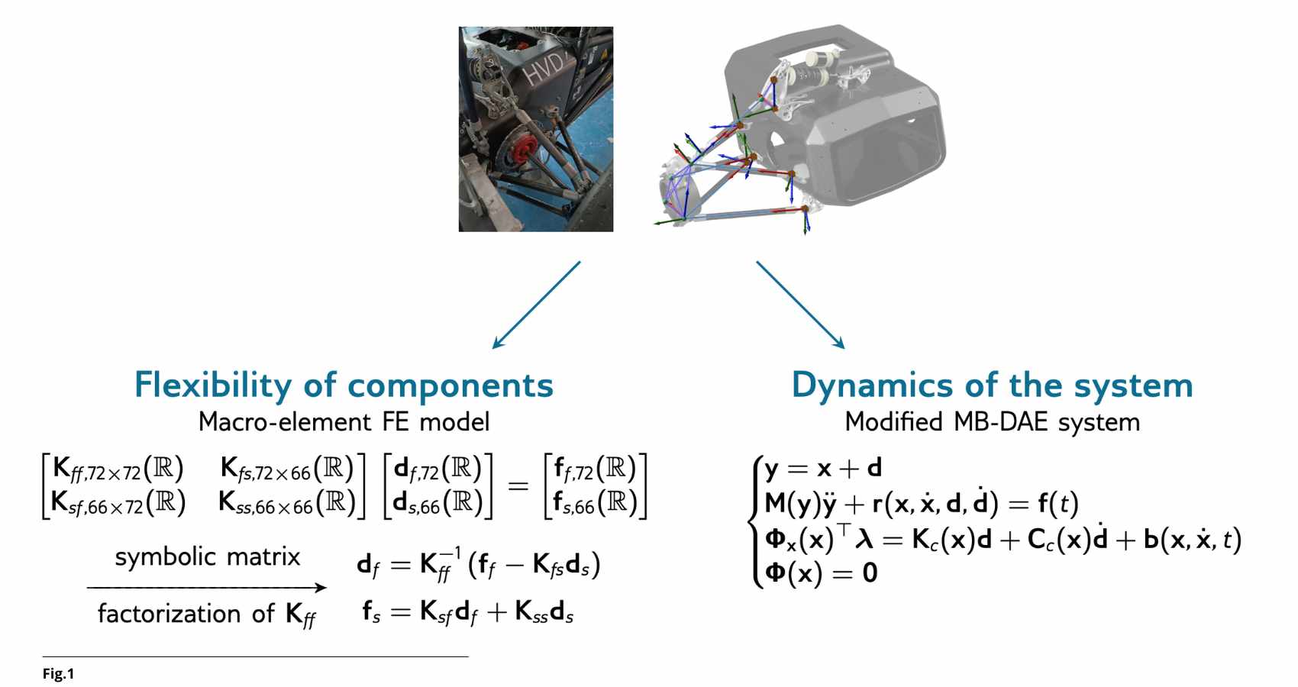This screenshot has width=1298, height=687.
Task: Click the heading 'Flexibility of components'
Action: [x=344, y=385]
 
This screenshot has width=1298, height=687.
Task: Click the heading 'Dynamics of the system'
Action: [x=992, y=385]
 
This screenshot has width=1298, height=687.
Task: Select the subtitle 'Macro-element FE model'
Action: [x=344, y=422]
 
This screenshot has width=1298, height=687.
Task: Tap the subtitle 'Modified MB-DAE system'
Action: [x=992, y=422]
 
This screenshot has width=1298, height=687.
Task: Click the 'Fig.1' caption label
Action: [x=58, y=674]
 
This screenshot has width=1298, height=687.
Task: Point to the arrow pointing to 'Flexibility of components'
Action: [x=536, y=305]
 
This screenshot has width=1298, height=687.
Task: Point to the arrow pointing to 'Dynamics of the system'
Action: [x=800, y=305]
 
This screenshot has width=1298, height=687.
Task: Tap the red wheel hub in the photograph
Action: [x=519, y=150]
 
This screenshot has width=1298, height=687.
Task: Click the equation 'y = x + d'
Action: [x=823, y=468]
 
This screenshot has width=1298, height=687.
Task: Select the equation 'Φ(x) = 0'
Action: [x=821, y=572]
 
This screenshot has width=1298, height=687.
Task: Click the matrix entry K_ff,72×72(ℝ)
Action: [x=118, y=469]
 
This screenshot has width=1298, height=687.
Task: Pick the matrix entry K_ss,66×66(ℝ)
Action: [x=286, y=503]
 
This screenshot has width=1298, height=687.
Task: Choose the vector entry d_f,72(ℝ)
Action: [x=438, y=469]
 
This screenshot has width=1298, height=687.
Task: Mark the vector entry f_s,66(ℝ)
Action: [x=595, y=503]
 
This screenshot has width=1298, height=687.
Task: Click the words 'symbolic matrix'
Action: [x=208, y=556]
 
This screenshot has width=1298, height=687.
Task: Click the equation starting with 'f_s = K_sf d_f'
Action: [x=467, y=612]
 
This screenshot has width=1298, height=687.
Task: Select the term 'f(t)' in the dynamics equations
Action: [x=1057, y=503]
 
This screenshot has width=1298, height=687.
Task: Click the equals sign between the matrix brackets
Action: [x=518, y=485]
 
